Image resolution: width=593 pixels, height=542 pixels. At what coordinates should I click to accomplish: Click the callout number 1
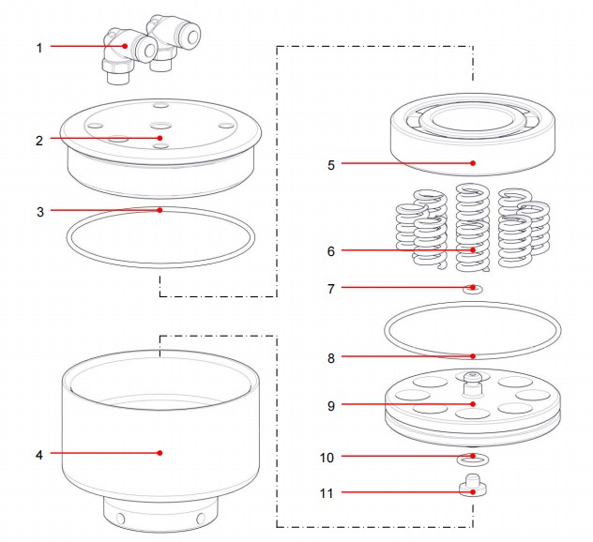[x=39, y=46]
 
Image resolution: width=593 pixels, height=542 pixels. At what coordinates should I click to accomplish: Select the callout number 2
[x=39, y=141]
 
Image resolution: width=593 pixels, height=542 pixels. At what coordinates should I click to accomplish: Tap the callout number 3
[x=39, y=211]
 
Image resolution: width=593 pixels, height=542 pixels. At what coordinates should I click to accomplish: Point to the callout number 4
[x=39, y=454]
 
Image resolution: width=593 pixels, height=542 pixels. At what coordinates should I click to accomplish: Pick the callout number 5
[x=331, y=164]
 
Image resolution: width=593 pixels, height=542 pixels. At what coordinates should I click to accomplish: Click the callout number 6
[x=331, y=251]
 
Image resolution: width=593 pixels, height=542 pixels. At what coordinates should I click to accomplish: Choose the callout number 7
[x=331, y=289]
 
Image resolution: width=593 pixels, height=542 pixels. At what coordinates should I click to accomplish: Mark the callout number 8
[x=331, y=357]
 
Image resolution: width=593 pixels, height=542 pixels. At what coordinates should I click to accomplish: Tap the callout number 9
[x=331, y=406]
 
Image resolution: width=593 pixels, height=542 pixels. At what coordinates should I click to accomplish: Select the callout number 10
[x=327, y=458]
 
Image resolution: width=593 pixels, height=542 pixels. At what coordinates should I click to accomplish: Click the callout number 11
[x=327, y=492]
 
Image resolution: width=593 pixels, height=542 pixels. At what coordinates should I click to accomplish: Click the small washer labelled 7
[x=474, y=289]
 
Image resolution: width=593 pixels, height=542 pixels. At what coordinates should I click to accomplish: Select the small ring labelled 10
[x=474, y=460]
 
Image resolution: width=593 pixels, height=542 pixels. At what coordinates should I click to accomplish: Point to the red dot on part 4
[x=160, y=453]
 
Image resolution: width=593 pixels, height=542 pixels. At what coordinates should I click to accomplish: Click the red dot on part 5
[x=474, y=163]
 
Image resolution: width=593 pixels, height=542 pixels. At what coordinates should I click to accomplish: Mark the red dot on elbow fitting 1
[x=125, y=45]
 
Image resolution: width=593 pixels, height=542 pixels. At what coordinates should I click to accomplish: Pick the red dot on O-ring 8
[x=474, y=356]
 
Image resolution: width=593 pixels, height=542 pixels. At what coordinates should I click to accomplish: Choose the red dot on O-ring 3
[x=160, y=210]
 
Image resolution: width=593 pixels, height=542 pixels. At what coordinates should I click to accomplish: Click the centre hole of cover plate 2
[x=159, y=125]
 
